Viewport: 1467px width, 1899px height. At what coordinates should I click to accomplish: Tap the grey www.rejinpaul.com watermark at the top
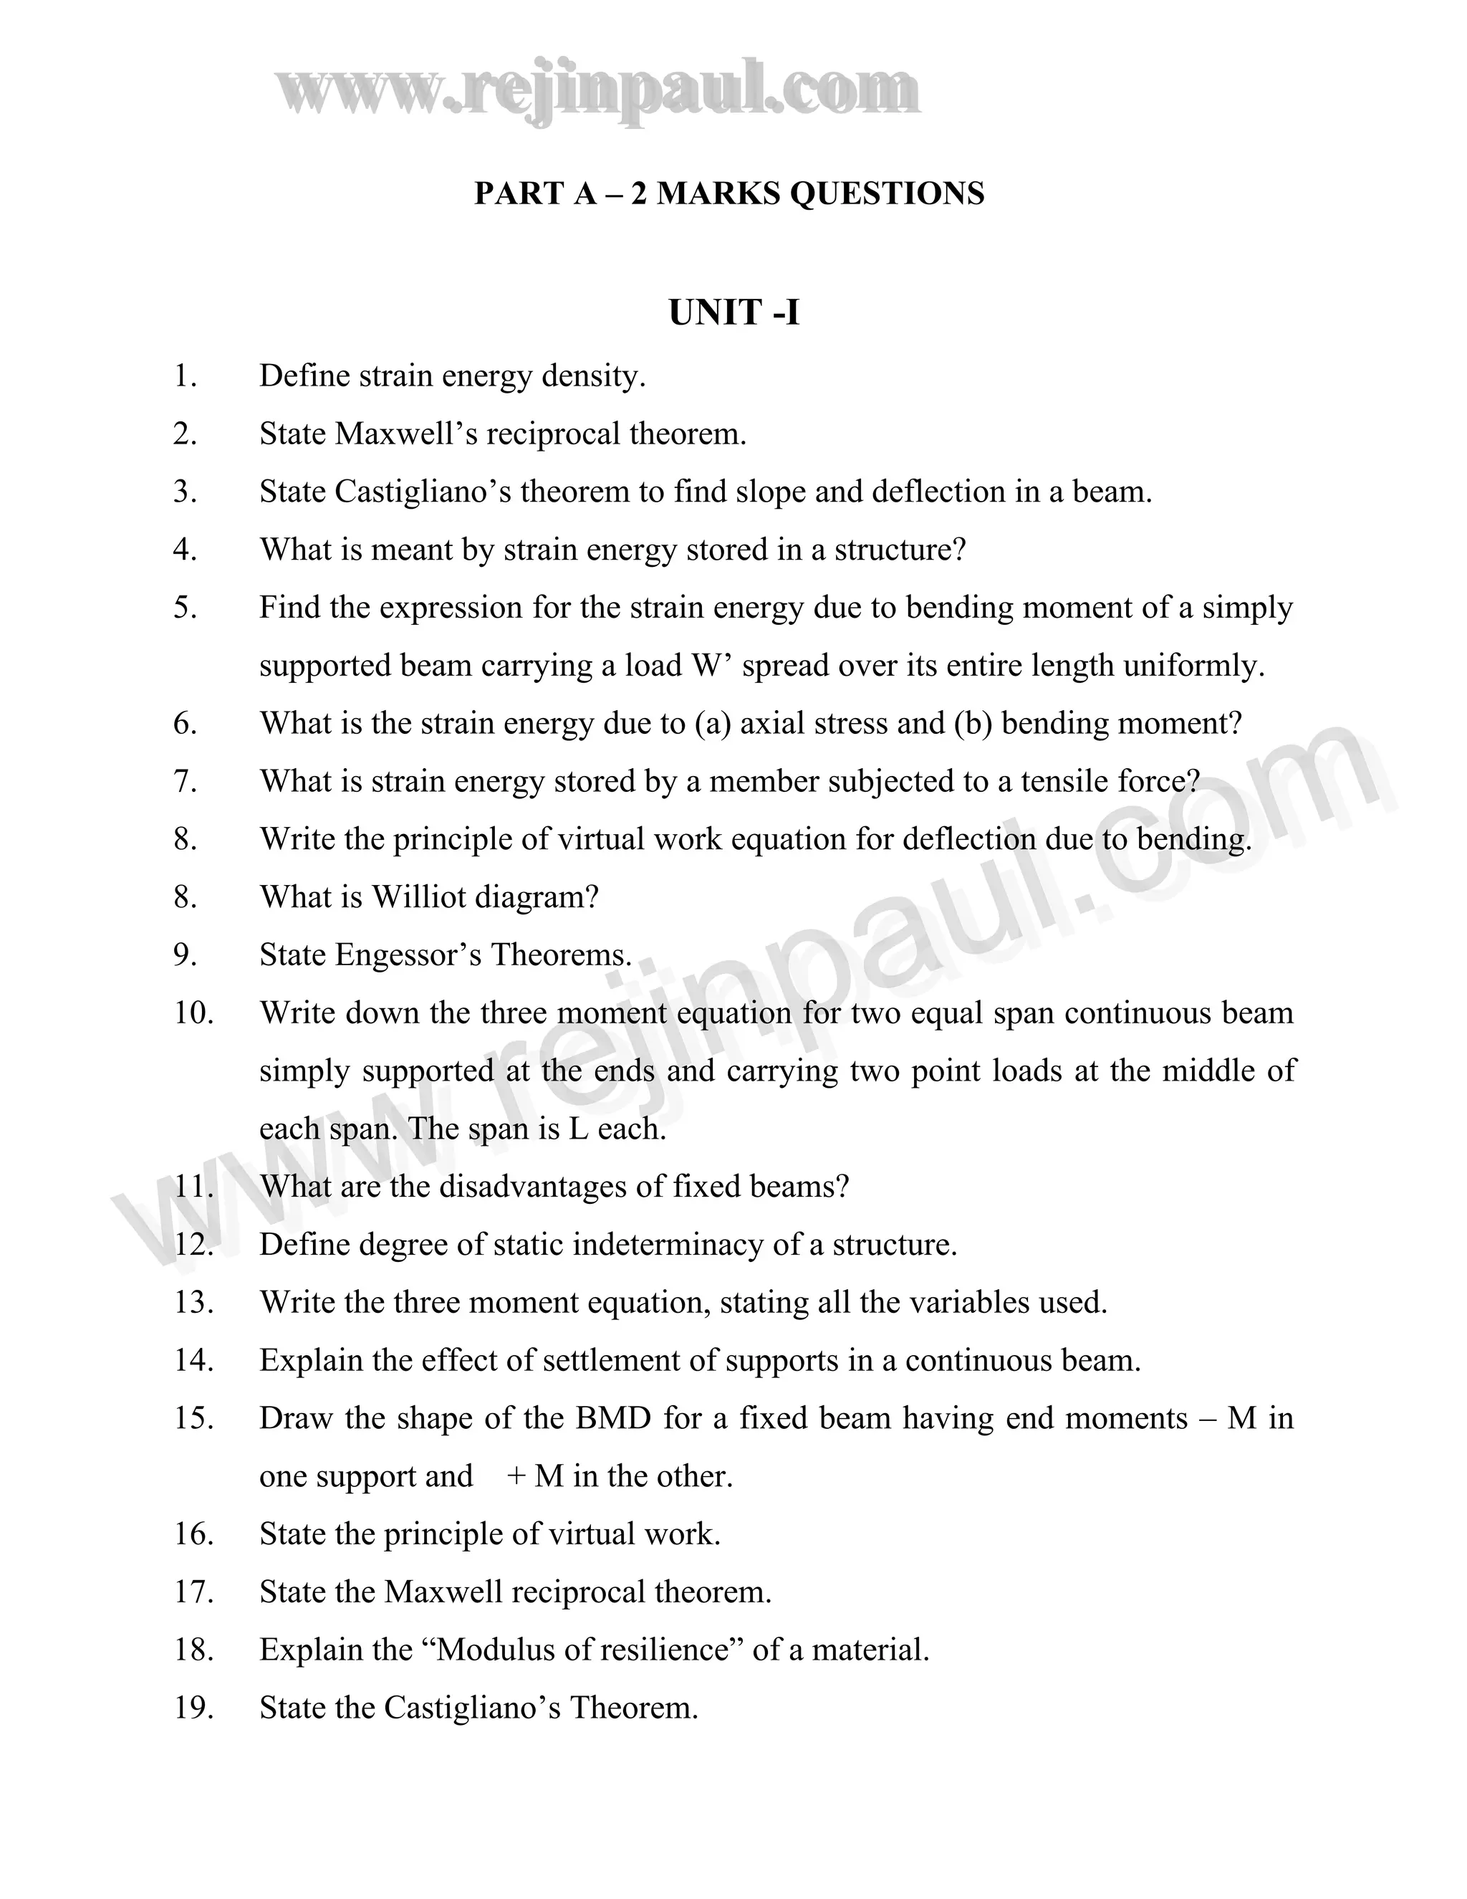tap(598, 90)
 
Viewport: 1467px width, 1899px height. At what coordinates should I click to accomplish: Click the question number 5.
tap(185, 608)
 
